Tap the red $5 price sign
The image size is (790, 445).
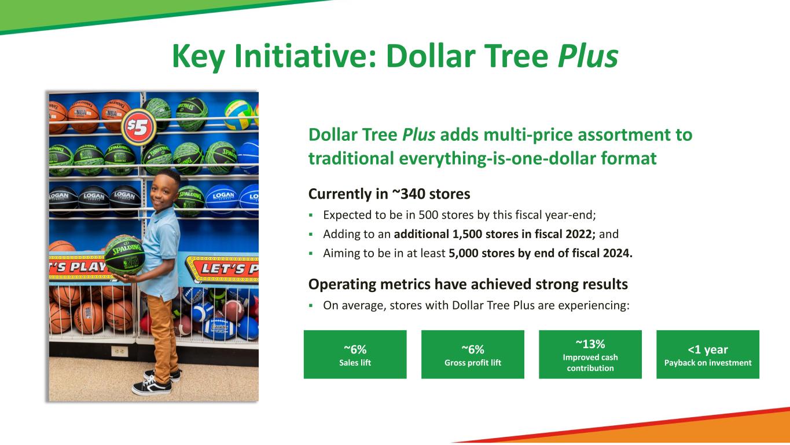coord(138,127)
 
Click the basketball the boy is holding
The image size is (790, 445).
coord(124,256)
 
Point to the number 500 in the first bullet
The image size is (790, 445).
coord(428,215)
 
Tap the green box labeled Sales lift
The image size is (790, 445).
coord(355,354)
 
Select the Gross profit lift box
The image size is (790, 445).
coord(473,354)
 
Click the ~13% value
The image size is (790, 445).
coord(590,344)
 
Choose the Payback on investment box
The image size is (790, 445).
coord(708,354)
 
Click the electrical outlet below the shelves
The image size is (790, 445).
coord(119,351)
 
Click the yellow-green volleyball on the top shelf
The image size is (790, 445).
coord(238,114)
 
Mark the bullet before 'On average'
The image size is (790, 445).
coord(311,305)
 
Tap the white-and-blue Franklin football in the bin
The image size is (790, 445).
coord(219,329)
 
